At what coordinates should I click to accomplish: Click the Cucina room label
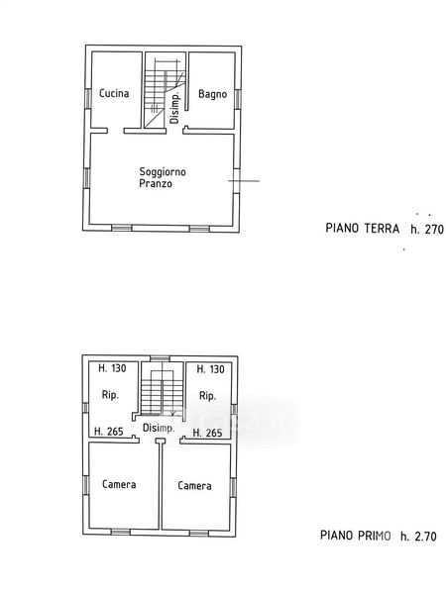pos(114,93)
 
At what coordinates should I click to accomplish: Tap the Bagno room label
pos(212,94)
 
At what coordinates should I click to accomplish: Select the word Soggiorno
pos(163,172)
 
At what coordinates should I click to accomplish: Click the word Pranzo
pos(156,184)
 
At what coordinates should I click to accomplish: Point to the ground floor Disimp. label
pos(174,107)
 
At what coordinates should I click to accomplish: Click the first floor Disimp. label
pos(159,428)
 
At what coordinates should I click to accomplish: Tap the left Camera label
pos(119,484)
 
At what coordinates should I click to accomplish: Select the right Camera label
pos(194,486)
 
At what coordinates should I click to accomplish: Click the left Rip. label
pos(110,395)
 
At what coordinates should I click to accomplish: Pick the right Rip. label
pos(207,396)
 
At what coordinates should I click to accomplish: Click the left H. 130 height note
pos(112,368)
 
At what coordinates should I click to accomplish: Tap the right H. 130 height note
pos(210,369)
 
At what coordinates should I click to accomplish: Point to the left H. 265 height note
pos(109,431)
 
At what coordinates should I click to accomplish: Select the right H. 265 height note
pos(207,433)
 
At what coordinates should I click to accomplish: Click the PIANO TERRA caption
pos(362,228)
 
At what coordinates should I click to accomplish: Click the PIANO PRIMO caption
pos(356,536)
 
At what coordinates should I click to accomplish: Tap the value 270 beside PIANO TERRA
pos(434,229)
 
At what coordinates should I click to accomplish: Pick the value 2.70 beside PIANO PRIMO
pos(425,536)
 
